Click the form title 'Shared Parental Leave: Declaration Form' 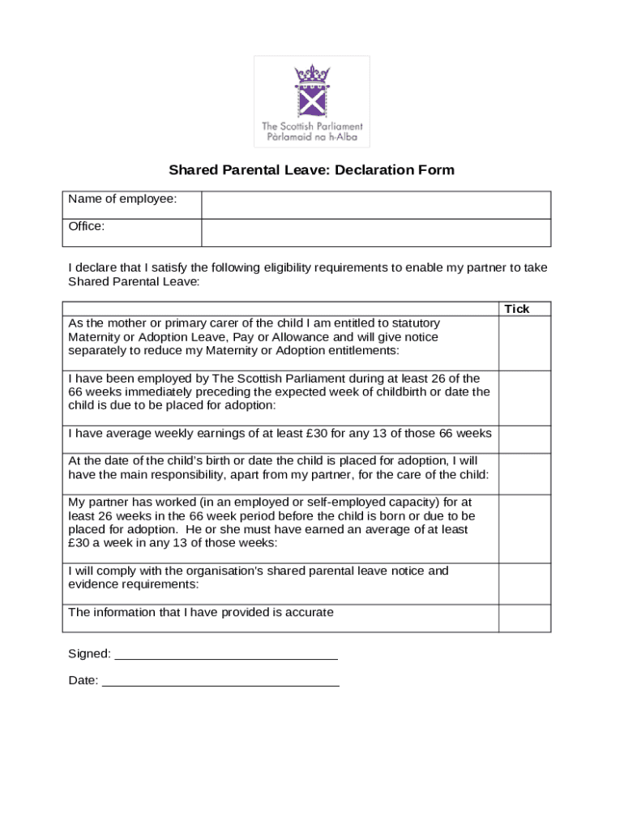click(311, 170)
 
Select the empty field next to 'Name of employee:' click(375, 205)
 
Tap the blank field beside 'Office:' click(375, 233)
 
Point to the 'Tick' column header click(517, 309)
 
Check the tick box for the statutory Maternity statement click(524, 343)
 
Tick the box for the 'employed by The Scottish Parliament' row click(524, 398)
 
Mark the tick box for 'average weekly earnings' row click(524, 439)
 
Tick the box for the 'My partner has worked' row click(524, 529)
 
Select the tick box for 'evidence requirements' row click(524, 584)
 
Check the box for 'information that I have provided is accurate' click(524, 618)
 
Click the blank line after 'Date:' click(220, 682)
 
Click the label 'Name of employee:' click(122, 199)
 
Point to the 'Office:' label click(87, 227)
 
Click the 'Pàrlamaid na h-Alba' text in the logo click(311, 137)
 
